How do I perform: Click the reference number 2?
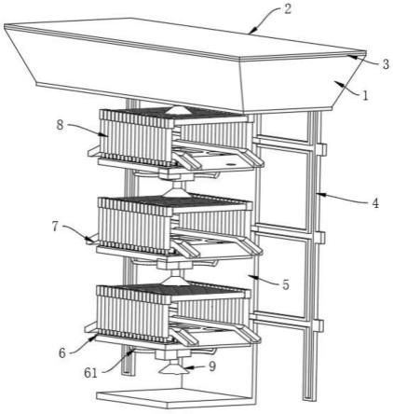click(288, 8)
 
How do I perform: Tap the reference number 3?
click(386, 64)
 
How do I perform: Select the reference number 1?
click(365, 95)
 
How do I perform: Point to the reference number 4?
click(375, 203)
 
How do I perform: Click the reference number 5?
click(286, 284)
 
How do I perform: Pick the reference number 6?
click(62, 353)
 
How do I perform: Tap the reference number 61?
click(91, 373)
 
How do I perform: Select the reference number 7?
click(55, 227)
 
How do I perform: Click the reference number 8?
click(61, 125)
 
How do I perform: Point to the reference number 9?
click(212, 366)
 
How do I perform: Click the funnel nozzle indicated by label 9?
click(173, 368)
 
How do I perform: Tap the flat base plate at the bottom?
click(176, 396)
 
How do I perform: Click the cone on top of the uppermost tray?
click(176, 109)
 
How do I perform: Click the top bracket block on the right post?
click(321, 149)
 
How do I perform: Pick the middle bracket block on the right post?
click(320, 238)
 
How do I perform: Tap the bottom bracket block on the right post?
click(319, 325)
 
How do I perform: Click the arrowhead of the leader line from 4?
click(319, 195)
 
